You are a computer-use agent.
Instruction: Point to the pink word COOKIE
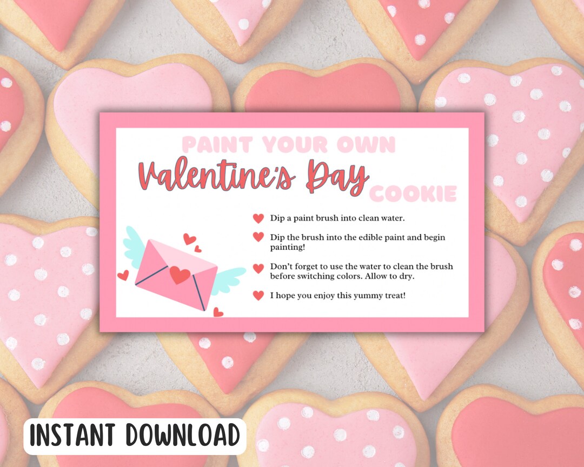pyautogui.click(x=413, y=194)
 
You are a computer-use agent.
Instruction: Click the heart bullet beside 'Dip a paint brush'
pyautogui.click(x=258, y=218)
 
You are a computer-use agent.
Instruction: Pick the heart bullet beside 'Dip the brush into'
pyautogui.click(x=258, y=237)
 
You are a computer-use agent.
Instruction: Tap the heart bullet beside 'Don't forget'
pyautogui.click(x=258, y=268)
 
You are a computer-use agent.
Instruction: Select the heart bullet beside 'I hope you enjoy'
pyautogui.click(x=258, y=295)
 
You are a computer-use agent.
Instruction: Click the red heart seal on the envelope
pyautogui.click(x=180, y=275)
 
